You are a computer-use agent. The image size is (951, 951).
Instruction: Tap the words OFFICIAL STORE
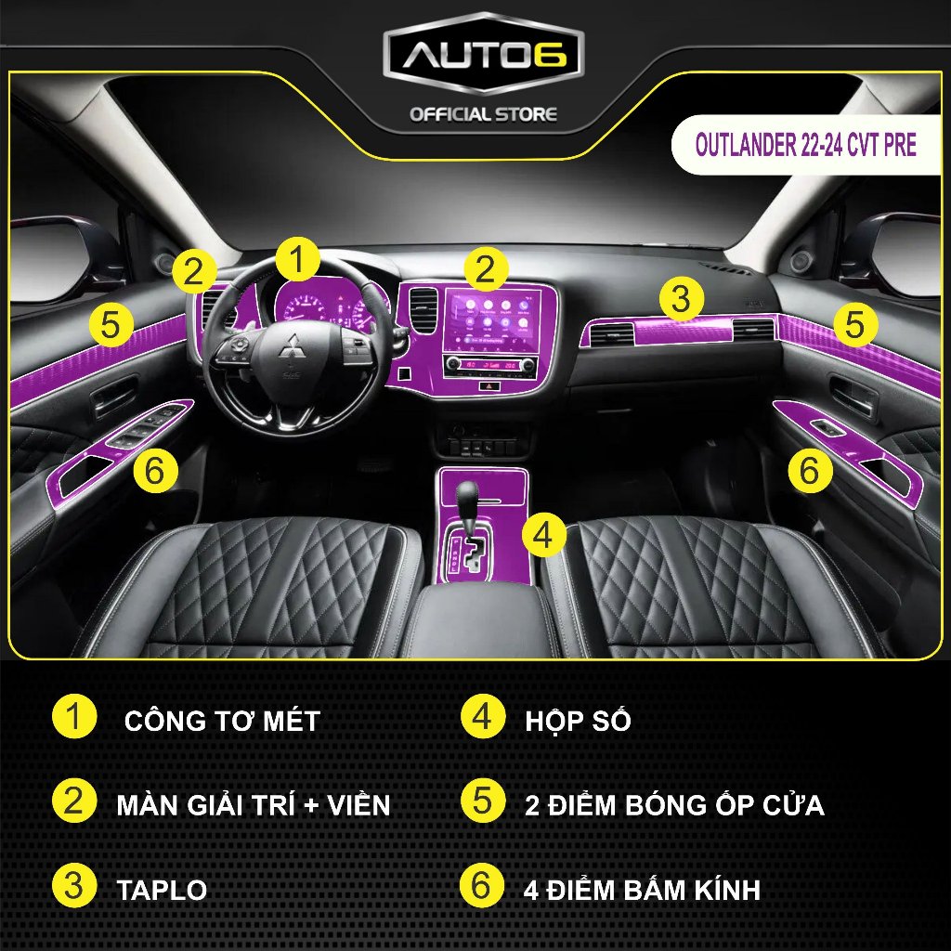click(x=483, y=115)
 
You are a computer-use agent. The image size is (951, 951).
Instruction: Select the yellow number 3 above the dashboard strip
click(x=681, y=298)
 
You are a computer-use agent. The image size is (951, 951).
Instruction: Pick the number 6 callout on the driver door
click(x=155, y=471)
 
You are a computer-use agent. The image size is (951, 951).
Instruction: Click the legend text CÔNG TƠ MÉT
click(x=222, y=721)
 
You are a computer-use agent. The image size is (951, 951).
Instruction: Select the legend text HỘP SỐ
click(x=579, y=721)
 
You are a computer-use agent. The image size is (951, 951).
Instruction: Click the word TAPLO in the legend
click(x=162, y=890)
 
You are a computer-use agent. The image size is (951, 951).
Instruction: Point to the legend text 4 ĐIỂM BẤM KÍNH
click(x=640, y=890)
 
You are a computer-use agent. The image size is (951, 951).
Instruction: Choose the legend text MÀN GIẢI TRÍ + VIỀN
click(x=254, y=804)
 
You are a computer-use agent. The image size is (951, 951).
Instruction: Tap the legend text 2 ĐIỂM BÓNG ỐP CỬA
click(x=673, y=804)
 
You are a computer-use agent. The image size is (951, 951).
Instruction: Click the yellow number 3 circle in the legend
click(x=74, y=887)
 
